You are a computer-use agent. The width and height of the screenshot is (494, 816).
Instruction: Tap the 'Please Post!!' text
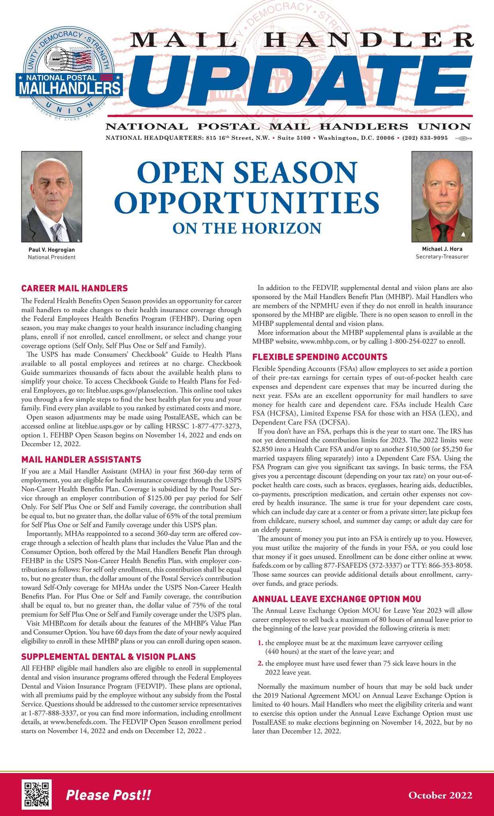coord(108,795)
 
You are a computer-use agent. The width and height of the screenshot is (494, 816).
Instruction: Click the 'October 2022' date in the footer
coord(440,795)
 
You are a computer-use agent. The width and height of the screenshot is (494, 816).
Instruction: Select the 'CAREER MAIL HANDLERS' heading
coord(75,288)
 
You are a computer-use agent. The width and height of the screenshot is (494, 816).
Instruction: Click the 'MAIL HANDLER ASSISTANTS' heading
coord(81,459)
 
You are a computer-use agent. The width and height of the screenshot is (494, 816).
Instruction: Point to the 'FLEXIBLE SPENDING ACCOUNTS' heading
coord(320,357)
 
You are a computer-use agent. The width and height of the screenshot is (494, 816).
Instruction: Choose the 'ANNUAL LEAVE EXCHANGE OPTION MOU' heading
coord(337,599)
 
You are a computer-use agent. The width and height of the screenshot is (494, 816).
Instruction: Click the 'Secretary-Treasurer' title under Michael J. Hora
coord(442,257)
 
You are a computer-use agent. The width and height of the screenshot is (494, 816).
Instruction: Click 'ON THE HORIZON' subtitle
coord(247,228)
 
